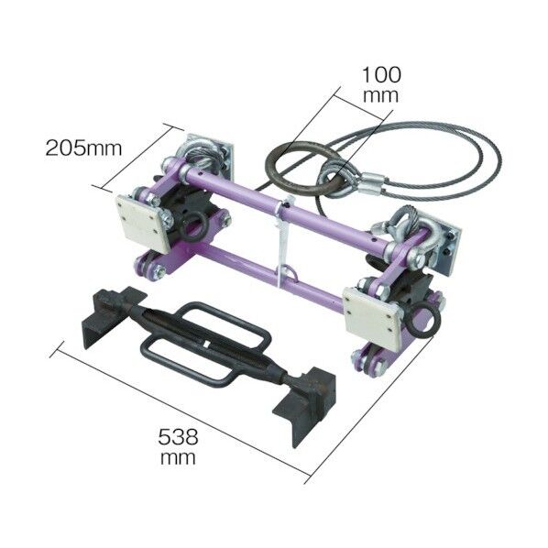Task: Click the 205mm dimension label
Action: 84,148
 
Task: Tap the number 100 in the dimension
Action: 381,75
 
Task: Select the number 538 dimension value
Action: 179,437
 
